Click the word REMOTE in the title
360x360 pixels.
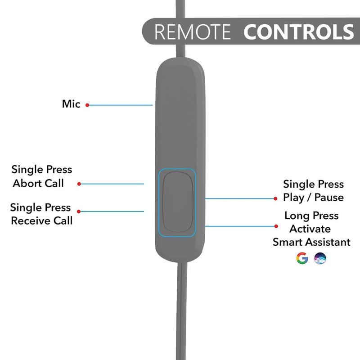click(193, 31)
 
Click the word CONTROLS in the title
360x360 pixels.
click(299, 31)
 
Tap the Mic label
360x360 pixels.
click(71, 104)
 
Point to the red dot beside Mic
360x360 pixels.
click(87, 105)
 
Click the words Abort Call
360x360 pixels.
click(38, 183)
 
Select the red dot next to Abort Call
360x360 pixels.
click(79, 184)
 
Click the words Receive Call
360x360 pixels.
click(41, 220)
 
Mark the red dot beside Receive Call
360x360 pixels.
click(79, 211)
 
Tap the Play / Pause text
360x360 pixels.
click(313, 198)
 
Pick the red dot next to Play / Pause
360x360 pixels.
click(275, 198)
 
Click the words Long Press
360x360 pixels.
click(311, 216)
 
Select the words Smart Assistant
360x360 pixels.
click(311, 242)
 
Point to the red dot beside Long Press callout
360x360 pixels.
click(276, 226)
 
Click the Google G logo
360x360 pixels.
click(302, 258)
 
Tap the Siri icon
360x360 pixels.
click(320, 258)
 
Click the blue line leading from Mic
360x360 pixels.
click(121, 105)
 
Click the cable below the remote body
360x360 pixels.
click(182, 311)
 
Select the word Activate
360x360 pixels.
click(310, 229)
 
